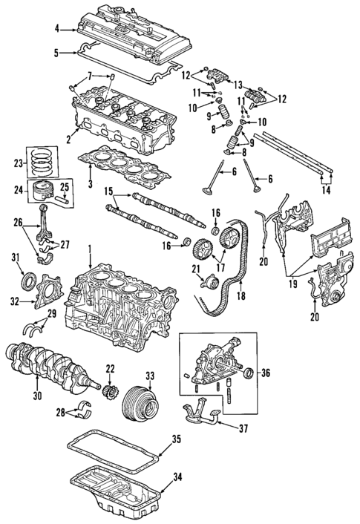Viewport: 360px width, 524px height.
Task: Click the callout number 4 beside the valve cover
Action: click(57, 30)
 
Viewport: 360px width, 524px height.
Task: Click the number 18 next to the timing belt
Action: click(241, 295)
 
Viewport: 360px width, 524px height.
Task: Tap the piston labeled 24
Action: click(43, 191)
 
